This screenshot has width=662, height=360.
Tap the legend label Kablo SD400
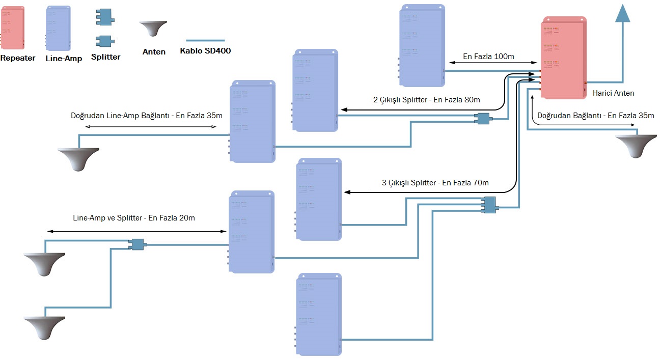205,51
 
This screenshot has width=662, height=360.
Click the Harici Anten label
614,93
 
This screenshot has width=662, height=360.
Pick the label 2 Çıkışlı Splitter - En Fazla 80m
427,100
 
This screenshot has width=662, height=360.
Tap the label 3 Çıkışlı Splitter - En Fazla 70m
435,183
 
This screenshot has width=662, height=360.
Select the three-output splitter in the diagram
489,205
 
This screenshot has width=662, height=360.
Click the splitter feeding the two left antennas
137,245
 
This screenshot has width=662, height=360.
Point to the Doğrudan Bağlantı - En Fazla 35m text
596,116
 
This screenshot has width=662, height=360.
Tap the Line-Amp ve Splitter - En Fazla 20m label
134,218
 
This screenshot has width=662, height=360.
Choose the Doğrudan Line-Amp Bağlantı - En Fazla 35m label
147,116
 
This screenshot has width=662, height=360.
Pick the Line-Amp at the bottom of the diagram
319,314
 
